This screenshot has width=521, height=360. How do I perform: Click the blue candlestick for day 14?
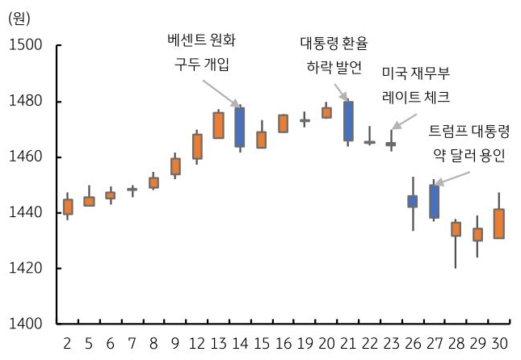(239, 127)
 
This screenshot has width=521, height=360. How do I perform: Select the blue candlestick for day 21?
(348, 121)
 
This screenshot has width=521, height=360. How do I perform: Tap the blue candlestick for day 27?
(435, 202)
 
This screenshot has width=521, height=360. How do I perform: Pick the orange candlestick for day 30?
(500, 224)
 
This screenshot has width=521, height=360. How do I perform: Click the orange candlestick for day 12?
(197, 146)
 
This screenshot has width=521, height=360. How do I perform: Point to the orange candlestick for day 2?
(68, 207)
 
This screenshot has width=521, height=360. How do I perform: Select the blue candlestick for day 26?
(413, 201)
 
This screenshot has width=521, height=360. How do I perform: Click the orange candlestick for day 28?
(456, 228)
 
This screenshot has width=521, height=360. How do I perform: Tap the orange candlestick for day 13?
(218, 125)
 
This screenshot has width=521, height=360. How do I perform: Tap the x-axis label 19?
(305, 343)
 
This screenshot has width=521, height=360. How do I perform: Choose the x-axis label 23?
(391, 343)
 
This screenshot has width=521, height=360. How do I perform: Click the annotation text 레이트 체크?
(415, 97)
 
